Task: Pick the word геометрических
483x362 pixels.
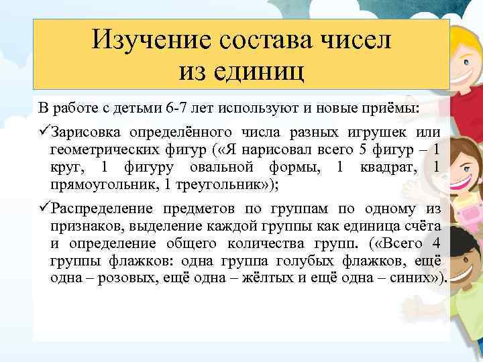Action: coord(103,148)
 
